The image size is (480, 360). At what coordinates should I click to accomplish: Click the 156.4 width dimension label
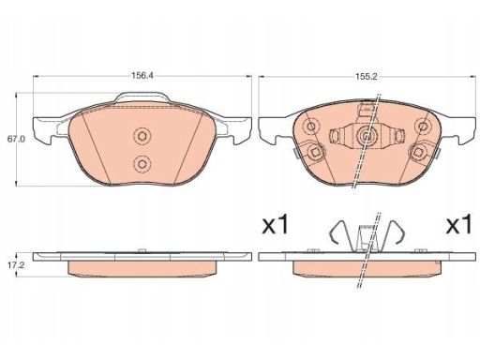pos(142,76)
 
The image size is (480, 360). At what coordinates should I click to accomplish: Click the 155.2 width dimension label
pos(367,77)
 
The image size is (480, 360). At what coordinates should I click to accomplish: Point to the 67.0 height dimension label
pos(16,140)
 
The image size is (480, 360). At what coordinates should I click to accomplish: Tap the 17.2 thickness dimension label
pos(16,265)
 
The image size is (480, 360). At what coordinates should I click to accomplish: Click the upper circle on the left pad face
pos(142,137)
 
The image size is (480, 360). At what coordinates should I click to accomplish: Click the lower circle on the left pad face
pos(142,164)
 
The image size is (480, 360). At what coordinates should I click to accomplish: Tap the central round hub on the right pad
pos(367,136)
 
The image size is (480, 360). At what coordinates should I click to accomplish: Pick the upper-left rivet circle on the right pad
pos(311,127)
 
